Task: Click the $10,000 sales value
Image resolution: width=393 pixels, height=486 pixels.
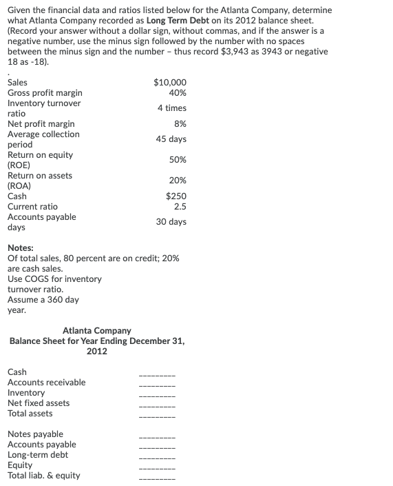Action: click(x=171, y=83)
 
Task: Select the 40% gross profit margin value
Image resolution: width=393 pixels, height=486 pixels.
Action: click(x=177, y=93)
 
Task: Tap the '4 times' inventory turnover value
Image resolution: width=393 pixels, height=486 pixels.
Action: click(x=171, y=108)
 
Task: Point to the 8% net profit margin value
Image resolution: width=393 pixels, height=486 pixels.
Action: click(x=180, y=124)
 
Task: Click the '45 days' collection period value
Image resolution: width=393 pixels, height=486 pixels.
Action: click(x=171, y=139)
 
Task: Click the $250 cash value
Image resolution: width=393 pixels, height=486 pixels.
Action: click(x=176, y=196)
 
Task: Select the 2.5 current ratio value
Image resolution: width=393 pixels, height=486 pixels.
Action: click(x=180, y=207)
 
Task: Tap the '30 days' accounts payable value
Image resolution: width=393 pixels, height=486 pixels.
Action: click(x=171, y=222)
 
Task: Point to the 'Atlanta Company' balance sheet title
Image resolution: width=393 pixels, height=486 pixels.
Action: click(x=96, y=331)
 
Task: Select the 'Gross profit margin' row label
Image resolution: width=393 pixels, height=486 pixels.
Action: click(x=45, y=93)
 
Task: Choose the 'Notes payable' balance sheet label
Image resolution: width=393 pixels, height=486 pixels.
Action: click(x=35, y=434)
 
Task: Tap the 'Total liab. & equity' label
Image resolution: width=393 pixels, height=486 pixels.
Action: click(x=43, y=476)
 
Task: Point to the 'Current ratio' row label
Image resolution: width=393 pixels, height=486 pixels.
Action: click(x=32, y=207)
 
